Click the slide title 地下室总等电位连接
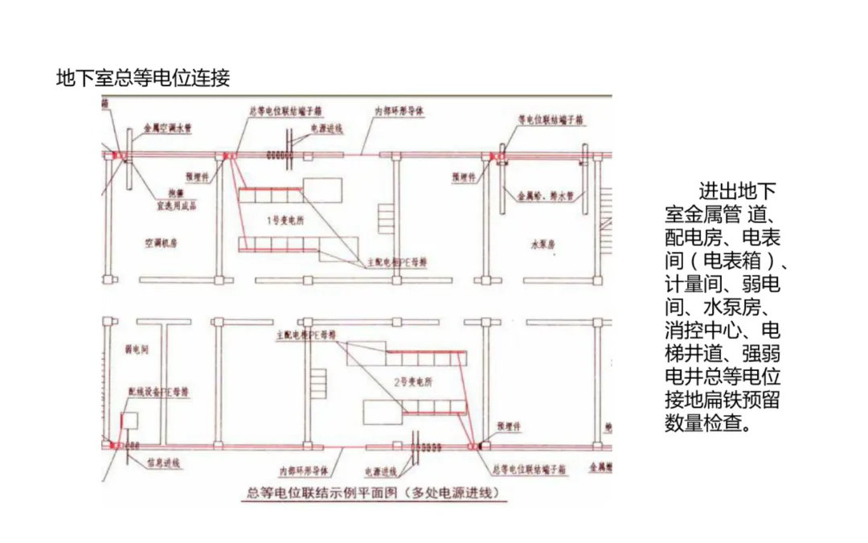143,78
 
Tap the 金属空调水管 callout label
167,127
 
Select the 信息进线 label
164,463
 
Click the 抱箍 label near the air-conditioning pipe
175,192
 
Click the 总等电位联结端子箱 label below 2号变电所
530,469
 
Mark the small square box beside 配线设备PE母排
129,422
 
